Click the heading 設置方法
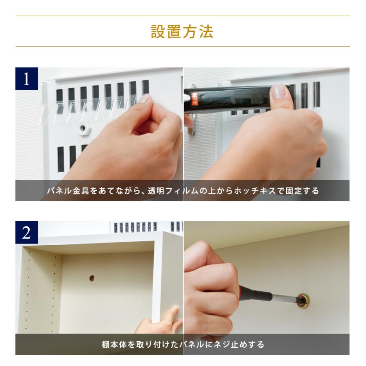tap(183, 32)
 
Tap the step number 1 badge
tap(26, 78)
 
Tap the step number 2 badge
tap(26, 232)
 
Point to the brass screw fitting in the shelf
tap(303, 301)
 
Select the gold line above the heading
tap(183, 16)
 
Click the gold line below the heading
tap(183, 47)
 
